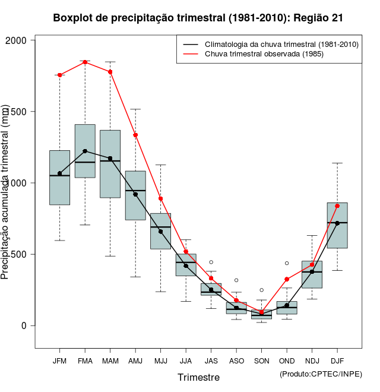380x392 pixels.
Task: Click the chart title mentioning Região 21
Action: (x=198, y=18)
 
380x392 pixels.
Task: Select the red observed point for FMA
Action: (x=85, y=62)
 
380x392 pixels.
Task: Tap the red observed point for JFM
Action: (x=59, y=75)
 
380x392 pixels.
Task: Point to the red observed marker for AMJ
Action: (x=135, y=135)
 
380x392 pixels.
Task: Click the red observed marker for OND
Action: (x=287, y=279)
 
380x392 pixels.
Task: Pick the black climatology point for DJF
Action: (x=337, y=223)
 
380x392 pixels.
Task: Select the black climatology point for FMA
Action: (x=85, y=151)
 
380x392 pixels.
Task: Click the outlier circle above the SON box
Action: (x=261, y=290)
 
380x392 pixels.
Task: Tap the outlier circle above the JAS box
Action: (x=211, y=262)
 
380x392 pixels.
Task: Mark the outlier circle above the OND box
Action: (x=287, y=263)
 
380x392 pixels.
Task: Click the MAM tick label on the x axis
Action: (x=110, y=361)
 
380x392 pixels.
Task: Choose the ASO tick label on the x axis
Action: (x=236, y=361)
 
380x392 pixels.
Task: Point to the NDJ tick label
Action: (x=312, y=361)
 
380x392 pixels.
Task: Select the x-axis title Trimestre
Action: (x=198, y=377)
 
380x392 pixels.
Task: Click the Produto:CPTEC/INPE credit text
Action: (x=321, y=374)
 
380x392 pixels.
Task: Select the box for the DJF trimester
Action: (x=337, y=226)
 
